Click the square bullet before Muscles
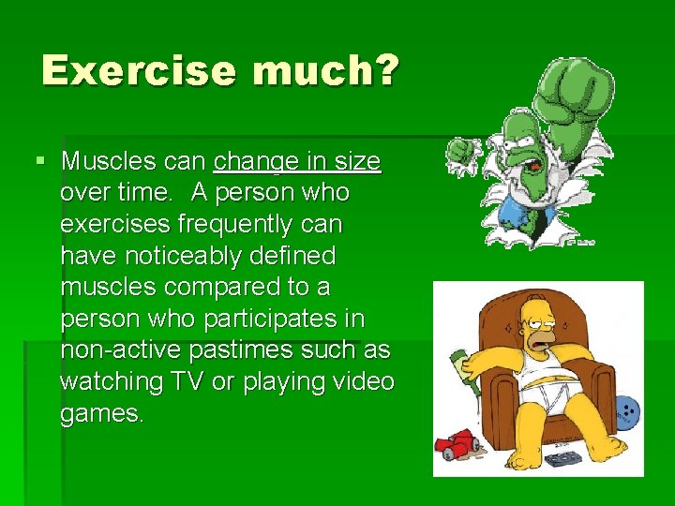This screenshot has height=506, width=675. pos(39,161)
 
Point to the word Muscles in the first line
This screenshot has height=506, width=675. pos(104,161)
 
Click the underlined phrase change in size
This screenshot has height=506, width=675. pos(297,161)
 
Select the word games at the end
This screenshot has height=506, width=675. pos(100,413)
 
